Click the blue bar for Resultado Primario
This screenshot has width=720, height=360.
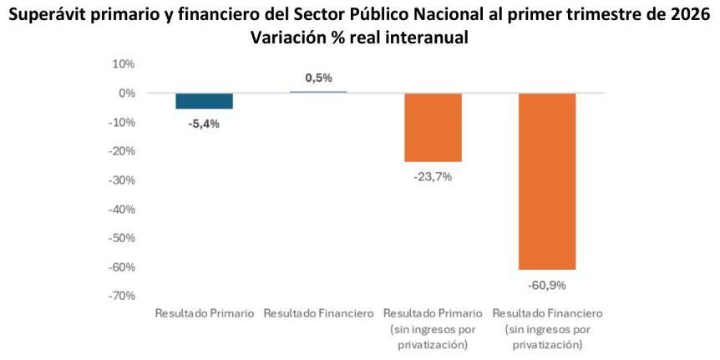point(204,101)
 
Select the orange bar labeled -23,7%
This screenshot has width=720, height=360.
point(433,127)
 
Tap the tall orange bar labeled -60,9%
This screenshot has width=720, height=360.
point(547,181)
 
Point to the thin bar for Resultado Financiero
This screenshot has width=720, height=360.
point(318,92)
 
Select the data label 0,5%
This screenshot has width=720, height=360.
point(318,78)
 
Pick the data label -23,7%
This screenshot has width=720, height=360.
point(433,176)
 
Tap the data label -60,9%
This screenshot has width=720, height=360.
point(547,285)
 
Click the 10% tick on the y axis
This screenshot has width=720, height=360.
point(123,64)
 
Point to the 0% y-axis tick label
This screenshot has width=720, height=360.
point(126,94)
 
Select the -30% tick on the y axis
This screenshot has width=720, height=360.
point(121,180)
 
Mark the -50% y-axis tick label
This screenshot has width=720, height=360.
point(121,238)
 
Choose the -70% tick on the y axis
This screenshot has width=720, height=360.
point(121,296)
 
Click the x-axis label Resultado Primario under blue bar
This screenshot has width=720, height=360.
point(204,313)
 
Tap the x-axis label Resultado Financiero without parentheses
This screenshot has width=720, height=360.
point(318,313)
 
